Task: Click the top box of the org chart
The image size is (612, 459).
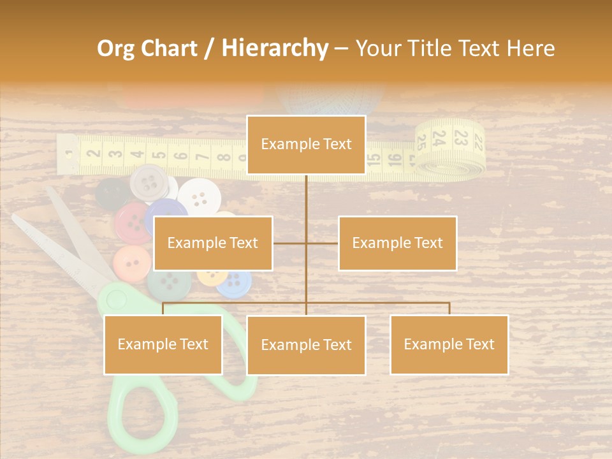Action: coord(306,145)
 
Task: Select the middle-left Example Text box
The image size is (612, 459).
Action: coord(213,243)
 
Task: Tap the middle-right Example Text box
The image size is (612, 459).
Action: coord(397,243)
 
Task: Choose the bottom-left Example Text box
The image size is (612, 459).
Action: coord(163,344)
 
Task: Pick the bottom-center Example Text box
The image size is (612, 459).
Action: coord(306,345)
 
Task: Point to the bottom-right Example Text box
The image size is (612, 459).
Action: coord(449,344)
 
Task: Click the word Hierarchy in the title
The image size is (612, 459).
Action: coord(275,48)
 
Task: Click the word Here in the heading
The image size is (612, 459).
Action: coord(530,48)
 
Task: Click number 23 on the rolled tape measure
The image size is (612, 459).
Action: coord(460,137)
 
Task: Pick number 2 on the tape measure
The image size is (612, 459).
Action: coord(94,153)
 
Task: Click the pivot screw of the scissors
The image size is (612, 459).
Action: coord(115,298)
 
